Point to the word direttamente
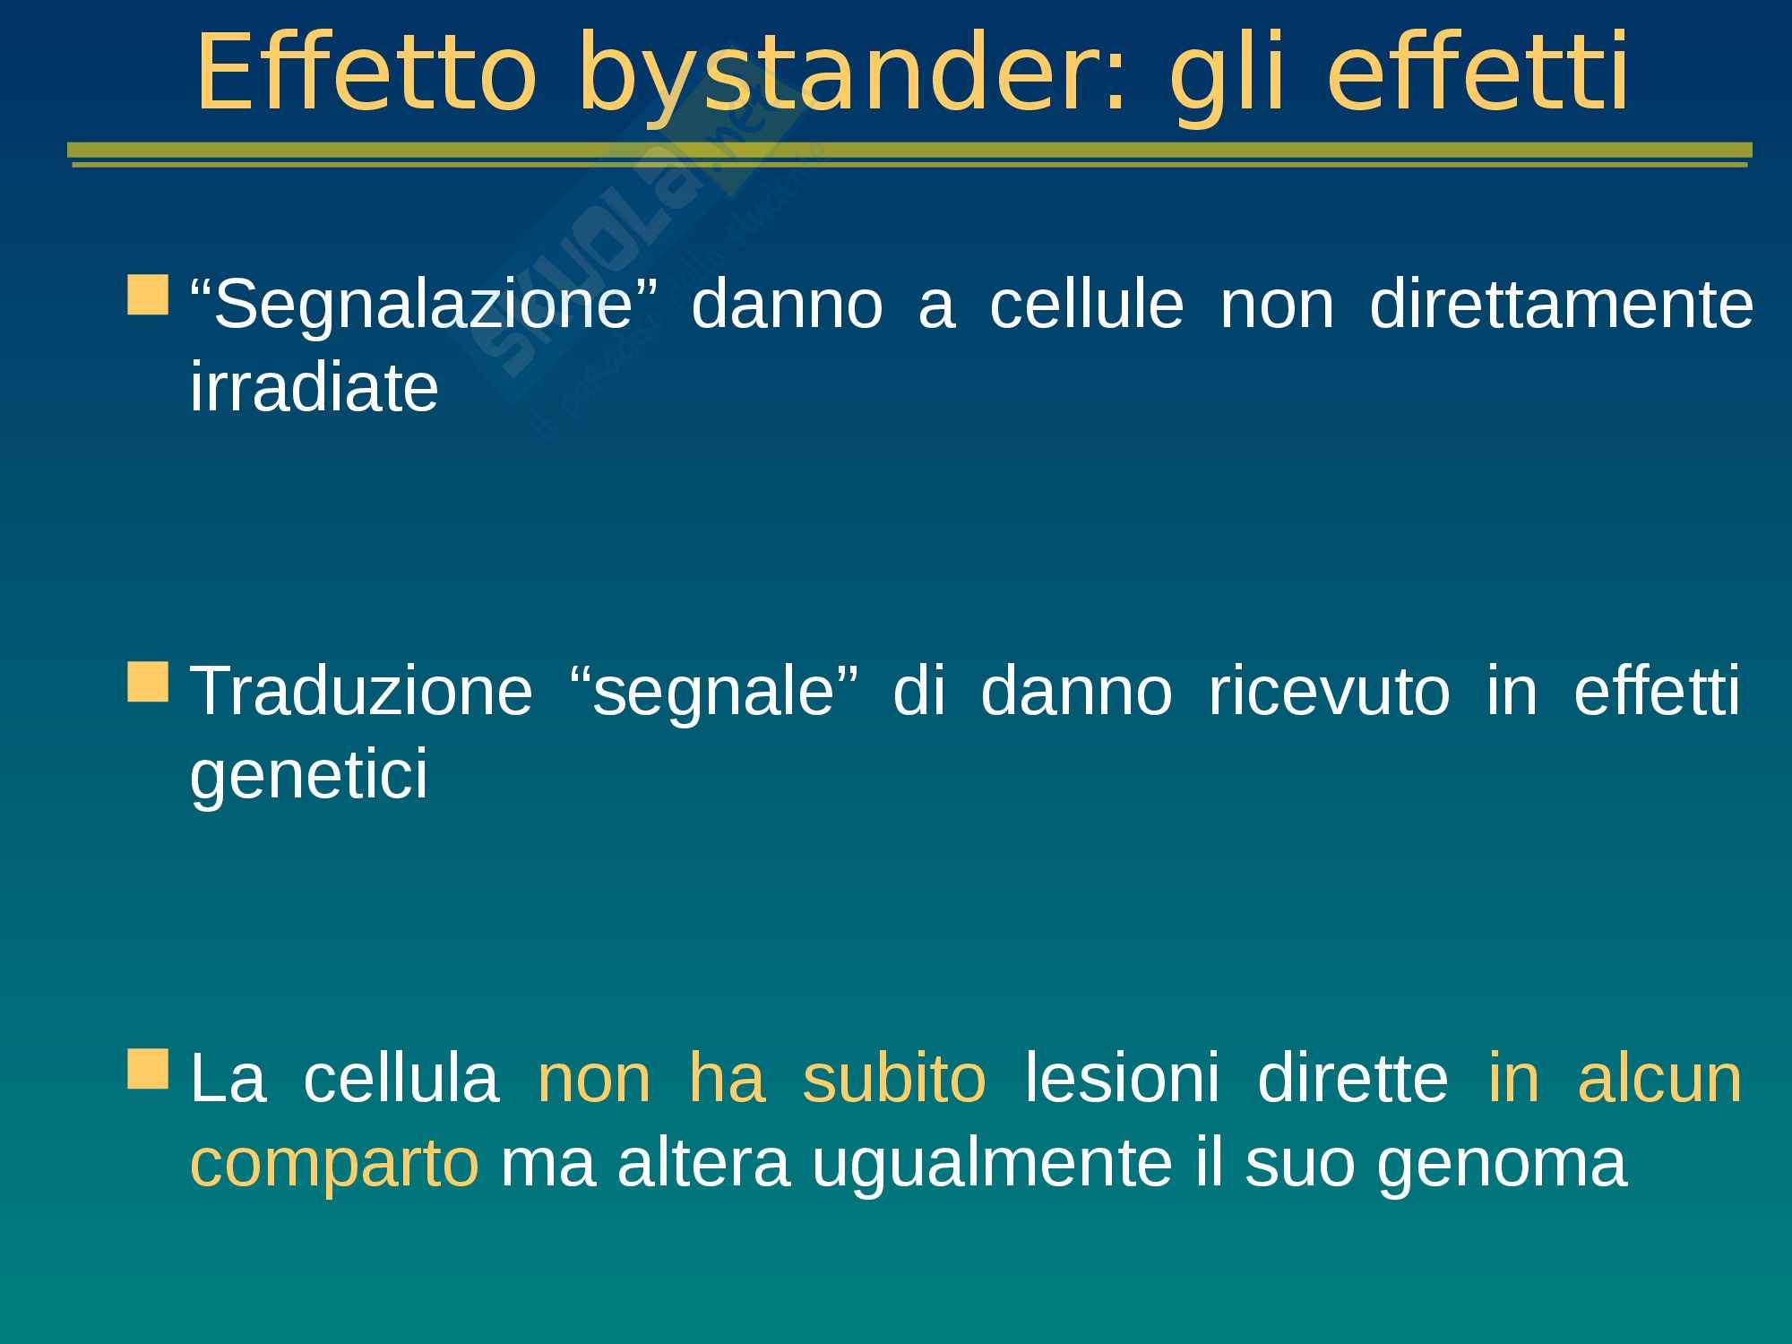point(1561,305)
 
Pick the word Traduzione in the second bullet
point(362,692)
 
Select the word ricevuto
point(1329,692)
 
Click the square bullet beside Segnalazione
point(148,296)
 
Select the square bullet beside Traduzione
point(148,682)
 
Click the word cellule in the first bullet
point(1086,305)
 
